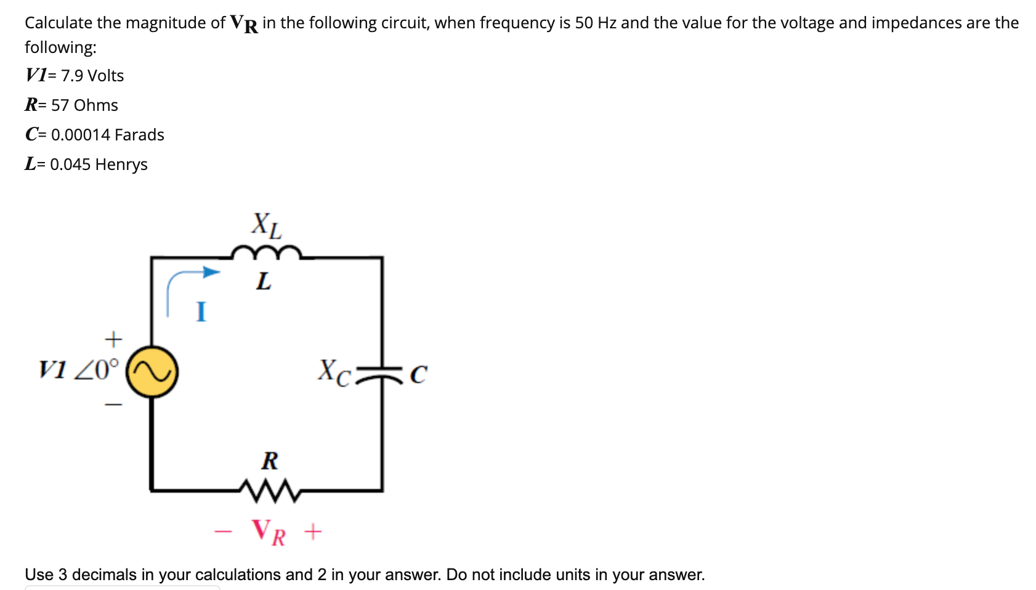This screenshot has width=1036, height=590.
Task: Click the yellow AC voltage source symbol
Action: click(x=152, y=371)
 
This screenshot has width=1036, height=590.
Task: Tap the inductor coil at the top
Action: click(x=266, y=253)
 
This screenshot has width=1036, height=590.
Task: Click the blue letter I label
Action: click(x=201, y=312)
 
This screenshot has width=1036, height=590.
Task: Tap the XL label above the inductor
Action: click(x=266, y=225)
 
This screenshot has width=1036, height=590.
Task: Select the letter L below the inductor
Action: click(x=264, y=281)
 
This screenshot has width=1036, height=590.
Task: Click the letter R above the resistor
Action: click(x=270, y=460)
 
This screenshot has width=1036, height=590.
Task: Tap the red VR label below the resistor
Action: click(x=269, y=531)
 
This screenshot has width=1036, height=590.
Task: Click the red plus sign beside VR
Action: click(x=313, y=531)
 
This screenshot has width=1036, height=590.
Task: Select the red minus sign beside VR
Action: click(x=223, y=531)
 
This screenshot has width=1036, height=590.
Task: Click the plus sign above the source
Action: click(x=113, y=339)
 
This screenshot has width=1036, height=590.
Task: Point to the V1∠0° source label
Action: click(x=79, y=370)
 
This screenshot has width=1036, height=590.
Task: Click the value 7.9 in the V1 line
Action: click(x=72, y=76)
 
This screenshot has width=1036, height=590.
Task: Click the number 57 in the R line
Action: click(x=60, y=105)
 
